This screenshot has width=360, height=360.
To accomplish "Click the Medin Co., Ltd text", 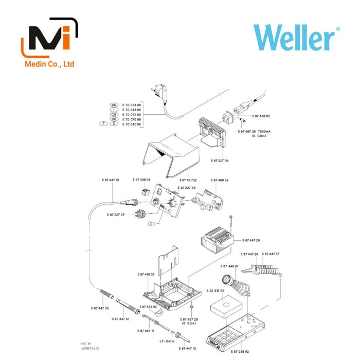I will (x=50, y=64).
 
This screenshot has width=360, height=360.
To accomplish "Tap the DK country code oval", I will (x=114, y=105).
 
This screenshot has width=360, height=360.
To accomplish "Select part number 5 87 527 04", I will (x=220, y=161).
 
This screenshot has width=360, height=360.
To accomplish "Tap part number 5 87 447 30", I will (x=100, y=308).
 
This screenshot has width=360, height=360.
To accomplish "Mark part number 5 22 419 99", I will (x=215, y=291).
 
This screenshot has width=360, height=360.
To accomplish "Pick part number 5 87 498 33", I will (x=146, y=275).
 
